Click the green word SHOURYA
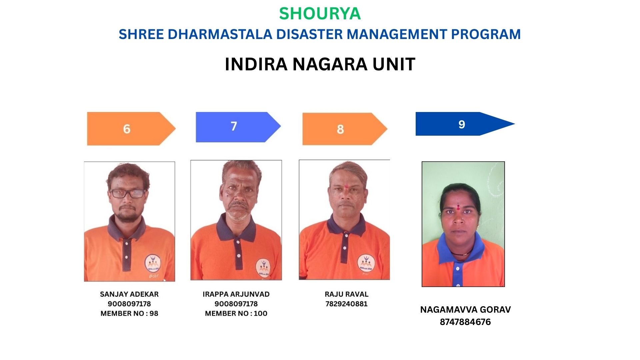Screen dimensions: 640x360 coord(320,14)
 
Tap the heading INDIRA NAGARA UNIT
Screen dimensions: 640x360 coord(320,64)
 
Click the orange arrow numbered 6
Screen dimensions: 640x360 coord(131,129)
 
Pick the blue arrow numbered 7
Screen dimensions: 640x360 coord(238,127)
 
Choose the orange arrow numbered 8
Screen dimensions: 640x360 coord(345,129)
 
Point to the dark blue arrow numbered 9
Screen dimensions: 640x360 coord(465,124)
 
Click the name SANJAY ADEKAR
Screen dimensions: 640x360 coord(129,294)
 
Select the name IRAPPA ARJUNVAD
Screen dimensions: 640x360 coord(236,294)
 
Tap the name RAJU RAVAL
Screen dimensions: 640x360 coord(347,294)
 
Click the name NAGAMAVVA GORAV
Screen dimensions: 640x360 coord(465,310)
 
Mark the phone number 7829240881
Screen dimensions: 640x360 coord(347,304)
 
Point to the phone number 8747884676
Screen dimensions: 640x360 coord(465,322)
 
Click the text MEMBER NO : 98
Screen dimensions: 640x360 coord(129,314)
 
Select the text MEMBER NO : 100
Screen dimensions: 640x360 coord(236,314)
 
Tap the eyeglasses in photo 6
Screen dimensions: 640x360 coord(127,193)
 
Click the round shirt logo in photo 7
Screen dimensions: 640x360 coord(263,268)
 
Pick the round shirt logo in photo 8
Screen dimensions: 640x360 coord(366,263)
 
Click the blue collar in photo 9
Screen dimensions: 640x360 coord(461,248)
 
